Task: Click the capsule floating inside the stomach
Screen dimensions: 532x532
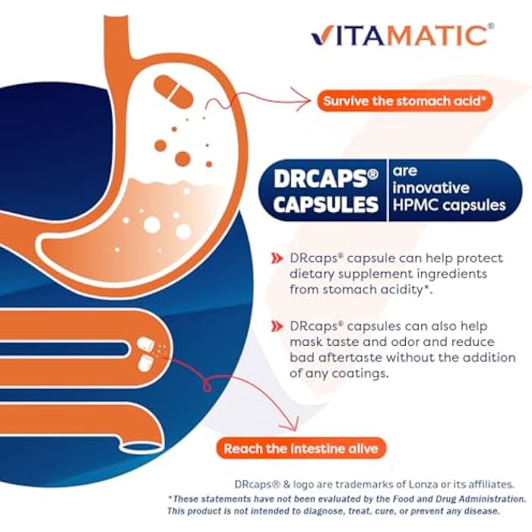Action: coord(174,92)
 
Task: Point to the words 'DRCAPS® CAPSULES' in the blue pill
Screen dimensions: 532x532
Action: coord(325,190)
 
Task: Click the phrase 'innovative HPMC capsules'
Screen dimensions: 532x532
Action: coord(448,196)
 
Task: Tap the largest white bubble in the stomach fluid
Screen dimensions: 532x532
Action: coord(152,225)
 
